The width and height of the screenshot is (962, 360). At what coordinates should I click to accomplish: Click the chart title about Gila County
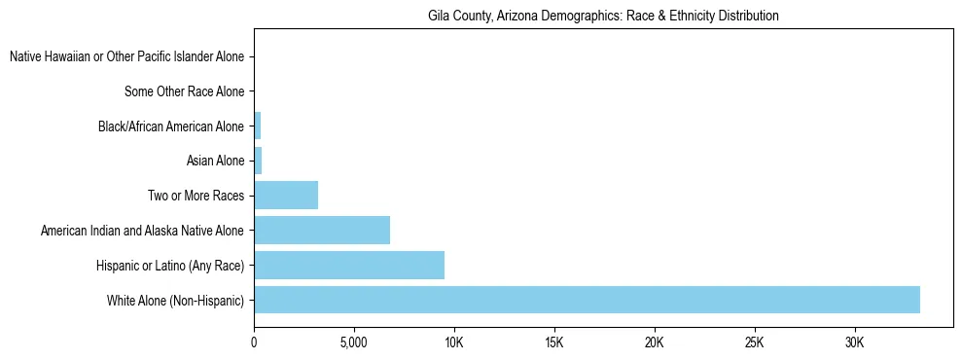(603, 17)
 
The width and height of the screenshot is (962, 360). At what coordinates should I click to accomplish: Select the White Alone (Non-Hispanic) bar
(587, 300)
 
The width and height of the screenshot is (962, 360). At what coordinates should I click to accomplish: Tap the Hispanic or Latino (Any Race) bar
(349, 265)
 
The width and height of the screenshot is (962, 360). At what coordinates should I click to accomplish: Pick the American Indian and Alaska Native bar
(322, 231)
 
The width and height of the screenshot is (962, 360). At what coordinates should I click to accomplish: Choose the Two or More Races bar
(286, 196)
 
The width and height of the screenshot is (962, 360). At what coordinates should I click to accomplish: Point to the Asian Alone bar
(258, 161)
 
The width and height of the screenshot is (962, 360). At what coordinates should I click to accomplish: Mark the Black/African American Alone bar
(257, 126)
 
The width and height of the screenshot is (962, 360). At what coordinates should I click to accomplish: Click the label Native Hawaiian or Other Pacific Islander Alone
(126, 57)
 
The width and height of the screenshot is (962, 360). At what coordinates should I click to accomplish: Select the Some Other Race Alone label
(185, 91)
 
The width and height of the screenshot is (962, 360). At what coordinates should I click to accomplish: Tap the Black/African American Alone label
(171, 126)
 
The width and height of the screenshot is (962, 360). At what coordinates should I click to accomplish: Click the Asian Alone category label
(215, 161)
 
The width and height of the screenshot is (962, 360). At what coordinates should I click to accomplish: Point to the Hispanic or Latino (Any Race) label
(170, 265)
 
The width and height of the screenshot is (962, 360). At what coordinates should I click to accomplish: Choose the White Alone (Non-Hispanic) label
(175, 300)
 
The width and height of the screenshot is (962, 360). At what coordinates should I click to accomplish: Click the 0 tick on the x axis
(254, 342)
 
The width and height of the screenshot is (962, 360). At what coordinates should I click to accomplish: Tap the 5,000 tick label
(354, 342)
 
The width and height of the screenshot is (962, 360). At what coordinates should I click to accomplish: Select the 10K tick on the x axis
(454, 342)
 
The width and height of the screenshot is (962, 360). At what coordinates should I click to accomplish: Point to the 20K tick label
(654, 342)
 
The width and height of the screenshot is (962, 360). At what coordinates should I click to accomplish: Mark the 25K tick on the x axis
(754, 342)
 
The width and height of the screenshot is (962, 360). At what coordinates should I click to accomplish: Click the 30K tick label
(854, 342)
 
